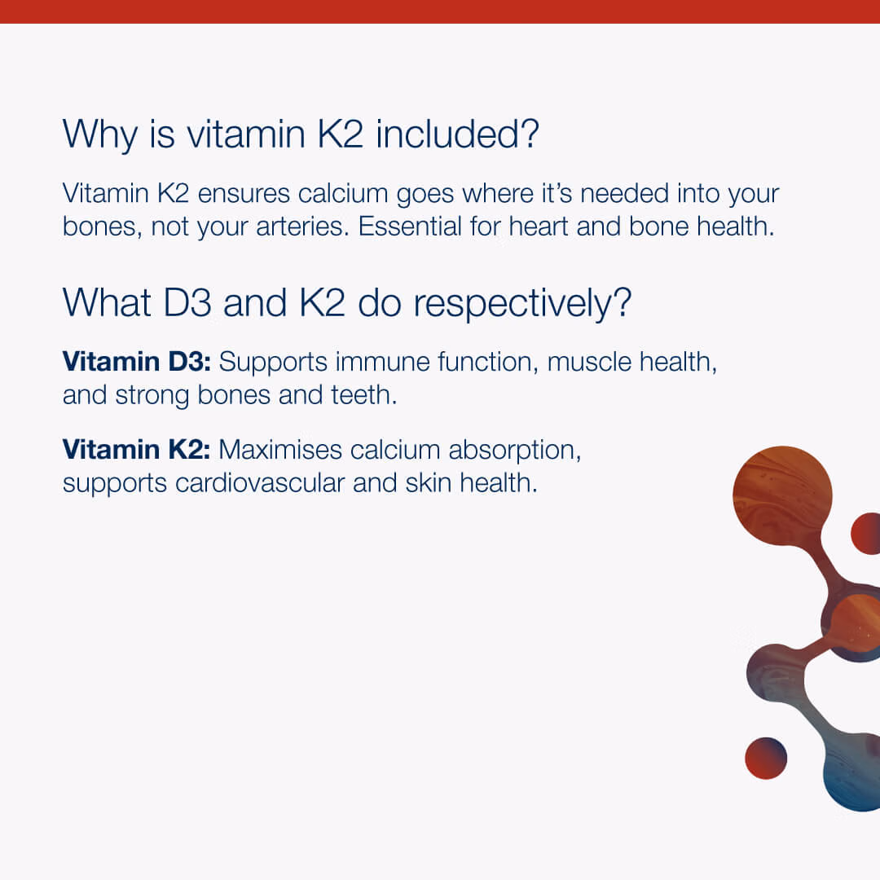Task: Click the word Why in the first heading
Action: (100, 134)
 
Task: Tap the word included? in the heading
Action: (457, 134)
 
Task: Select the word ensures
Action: (244, 194)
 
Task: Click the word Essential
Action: (410, 227)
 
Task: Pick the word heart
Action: (539, 227)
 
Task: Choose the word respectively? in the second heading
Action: (522, 305)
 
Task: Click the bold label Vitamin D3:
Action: (136, 361)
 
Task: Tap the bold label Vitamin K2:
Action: (136, 449)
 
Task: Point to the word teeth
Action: (363, 394)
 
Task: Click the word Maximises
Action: (280, 450)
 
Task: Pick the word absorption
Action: (515, 451)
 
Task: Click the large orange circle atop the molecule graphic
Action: (782, 495)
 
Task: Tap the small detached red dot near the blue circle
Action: (766, 759)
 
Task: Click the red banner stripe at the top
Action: (440, 11)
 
